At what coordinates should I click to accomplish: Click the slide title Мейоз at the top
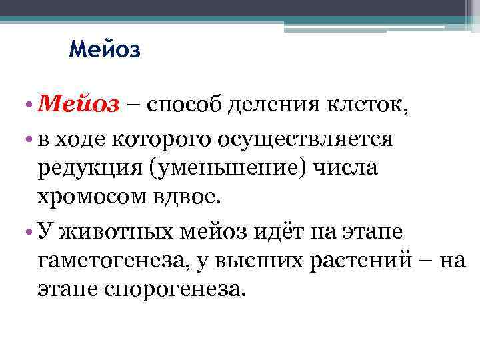click(105, 50)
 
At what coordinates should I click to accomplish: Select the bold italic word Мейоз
click(79, 105)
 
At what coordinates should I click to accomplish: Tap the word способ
click(181, 105)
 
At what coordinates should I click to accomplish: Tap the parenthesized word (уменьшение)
click(227, 168)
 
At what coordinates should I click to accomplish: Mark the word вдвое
click(194, 197)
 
